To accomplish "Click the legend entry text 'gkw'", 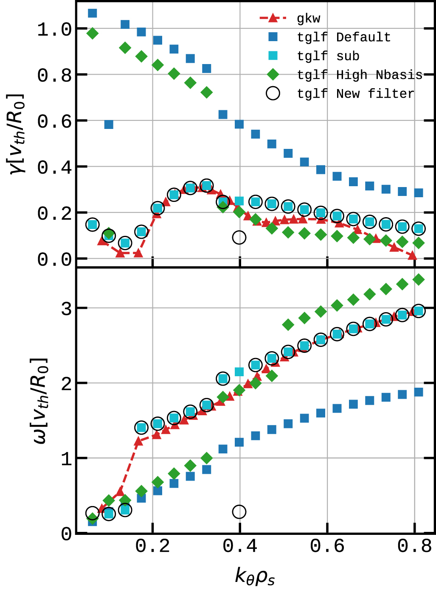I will click(309, 19).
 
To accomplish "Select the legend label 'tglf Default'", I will click(343, 37).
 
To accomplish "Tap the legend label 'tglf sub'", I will click(328, 56).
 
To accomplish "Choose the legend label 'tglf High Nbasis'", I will click(360, 75).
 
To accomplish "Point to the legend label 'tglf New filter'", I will click(355, 93).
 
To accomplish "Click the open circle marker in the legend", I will click(273, 93).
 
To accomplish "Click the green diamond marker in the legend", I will click(273, 75).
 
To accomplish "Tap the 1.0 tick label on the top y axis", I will click(55, 29).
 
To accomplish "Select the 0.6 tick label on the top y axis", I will click(55, 121).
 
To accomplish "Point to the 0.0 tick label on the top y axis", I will click(55, 259).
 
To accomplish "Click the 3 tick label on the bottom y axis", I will click(66, 309).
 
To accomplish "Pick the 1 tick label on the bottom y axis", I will click(66, 459).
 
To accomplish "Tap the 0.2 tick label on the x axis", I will click(153, 546).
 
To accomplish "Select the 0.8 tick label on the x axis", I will click(414, 546).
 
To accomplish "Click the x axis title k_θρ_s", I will click(255, 576).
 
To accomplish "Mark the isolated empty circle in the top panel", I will click(239, 238).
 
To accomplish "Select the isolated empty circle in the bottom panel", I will click(239, 512).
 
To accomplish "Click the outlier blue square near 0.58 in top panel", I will click(109, 124).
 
